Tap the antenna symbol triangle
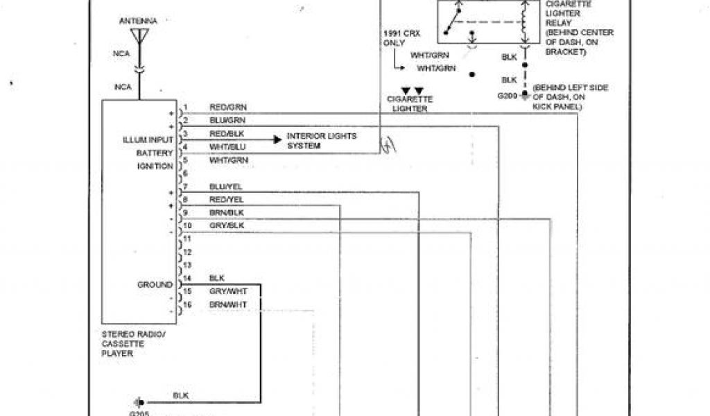coord(139,35)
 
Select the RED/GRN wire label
coord(228,107)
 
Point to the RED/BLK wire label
coord(227,134)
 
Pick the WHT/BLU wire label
coord(227,147)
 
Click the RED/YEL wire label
coord(226,200)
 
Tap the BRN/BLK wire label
coord(226,212)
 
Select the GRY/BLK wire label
coord(226,226)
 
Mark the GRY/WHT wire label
coord(227,291)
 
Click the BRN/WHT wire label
coord(227,304)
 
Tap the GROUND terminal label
coord(155,285)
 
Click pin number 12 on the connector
coord(187,252)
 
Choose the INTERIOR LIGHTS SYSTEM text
coord(322,141)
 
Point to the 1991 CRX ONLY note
coord(395,38)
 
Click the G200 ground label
coord(508,95)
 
